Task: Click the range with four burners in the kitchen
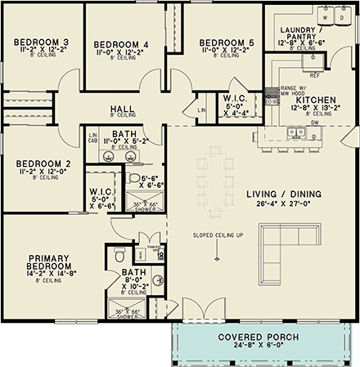272,100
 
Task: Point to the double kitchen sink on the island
296,132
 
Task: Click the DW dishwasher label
314,124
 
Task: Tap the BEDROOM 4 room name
121,44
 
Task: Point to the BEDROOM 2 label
43,163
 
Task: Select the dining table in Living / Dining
215,180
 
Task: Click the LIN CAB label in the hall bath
93,137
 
